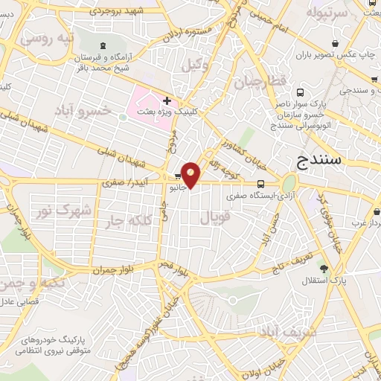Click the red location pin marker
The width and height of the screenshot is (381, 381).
click(x=191, y=175)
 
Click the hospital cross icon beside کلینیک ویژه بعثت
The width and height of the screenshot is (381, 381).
click(x=167, y=100)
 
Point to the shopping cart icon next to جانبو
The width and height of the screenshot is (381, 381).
click(x=177, y=176)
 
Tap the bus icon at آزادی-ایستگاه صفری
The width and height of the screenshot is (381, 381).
click(x=260, y=185)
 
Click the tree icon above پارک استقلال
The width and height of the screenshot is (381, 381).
click(x=323, y=268)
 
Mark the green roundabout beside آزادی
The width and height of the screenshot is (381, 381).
click(x=289, y=182)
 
